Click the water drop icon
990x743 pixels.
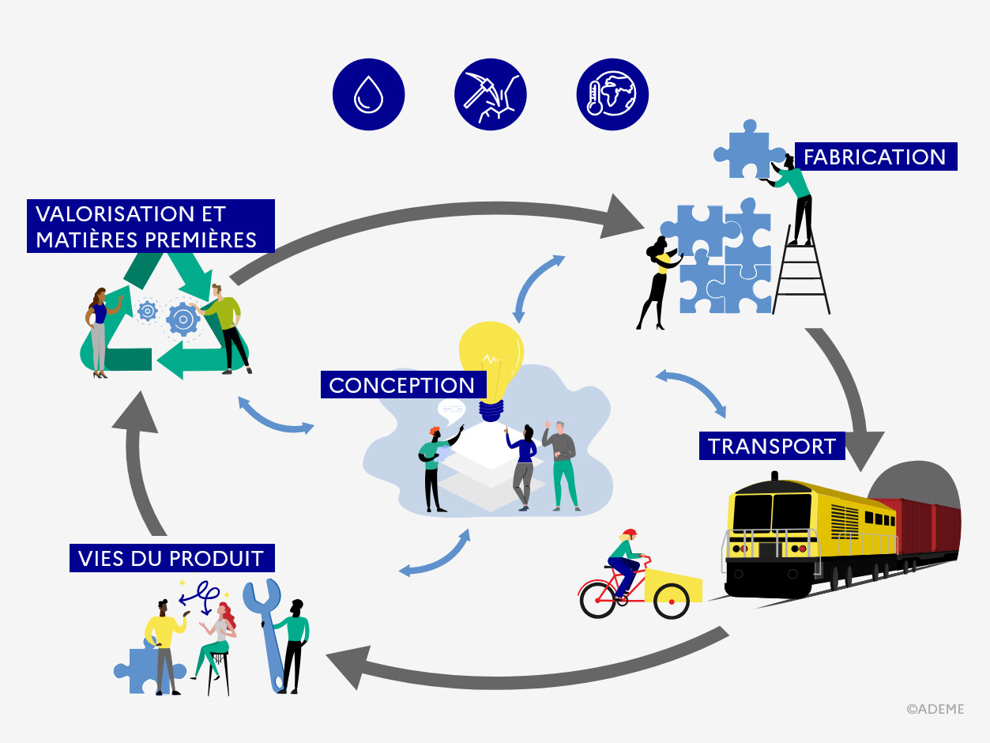coord(368,94)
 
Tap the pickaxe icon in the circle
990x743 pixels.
coord(490,94)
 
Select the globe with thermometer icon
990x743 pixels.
coord(612,94)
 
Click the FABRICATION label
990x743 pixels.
coord(875,157)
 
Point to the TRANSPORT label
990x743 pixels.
coord(771,446)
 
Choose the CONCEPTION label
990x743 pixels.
coord(401,385)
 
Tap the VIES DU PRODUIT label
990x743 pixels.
coord(171,558)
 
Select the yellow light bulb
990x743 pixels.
coord(491,360)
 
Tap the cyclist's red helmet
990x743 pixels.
coord(629,534)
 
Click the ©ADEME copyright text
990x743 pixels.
coord(935,709)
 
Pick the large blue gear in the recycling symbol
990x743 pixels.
coord(183,319)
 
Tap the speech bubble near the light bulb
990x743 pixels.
coord(451,408)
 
